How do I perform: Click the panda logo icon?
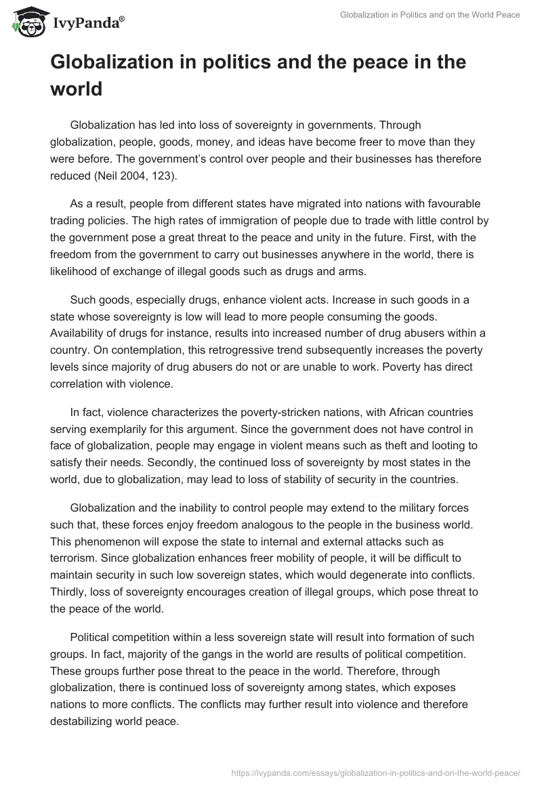point(26,22)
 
